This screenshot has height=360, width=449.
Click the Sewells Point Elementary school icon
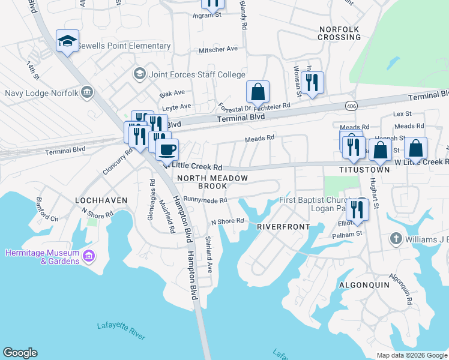pyautogui.click(x=67, y=42)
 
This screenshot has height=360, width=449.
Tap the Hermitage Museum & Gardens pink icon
pyautogui.click(x=89, y=257)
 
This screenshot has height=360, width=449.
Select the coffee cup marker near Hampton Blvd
pyautogui.click(x=167, y=148)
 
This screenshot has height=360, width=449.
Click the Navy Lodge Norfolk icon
pyautogui.click(x=87, y=93)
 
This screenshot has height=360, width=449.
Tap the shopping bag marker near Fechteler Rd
pyautogui.click(x=258, y=92)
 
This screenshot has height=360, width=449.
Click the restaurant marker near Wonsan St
pyautogui.click(x=312, y=83)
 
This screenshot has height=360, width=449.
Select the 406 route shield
pyautogui.click(x=351, y=106)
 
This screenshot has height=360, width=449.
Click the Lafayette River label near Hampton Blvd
pyautogui.click(x=121, y=329)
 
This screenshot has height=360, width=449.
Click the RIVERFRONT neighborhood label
pyautogui.click(x=283, y=227)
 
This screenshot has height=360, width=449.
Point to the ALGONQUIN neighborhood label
pyautogui.click(x=364, y=284)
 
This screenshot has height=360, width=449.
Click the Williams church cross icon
pyautogui.click(x=395, y=239)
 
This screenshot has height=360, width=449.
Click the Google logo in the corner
pyautogui.click(x=20, y=353)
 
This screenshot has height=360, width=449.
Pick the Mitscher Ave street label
pyautogui.click(x=218, y=49)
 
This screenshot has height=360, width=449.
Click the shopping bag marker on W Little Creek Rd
pyautogui.click(x=415, y=148)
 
